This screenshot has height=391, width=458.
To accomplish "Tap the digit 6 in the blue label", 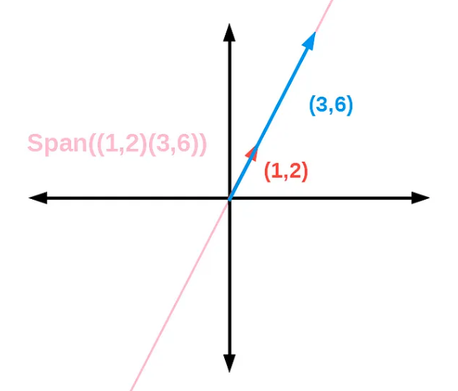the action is (340, 105).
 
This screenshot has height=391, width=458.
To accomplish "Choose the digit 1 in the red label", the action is (276, 172).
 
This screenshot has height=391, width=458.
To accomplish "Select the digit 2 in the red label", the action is (295, 172).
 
